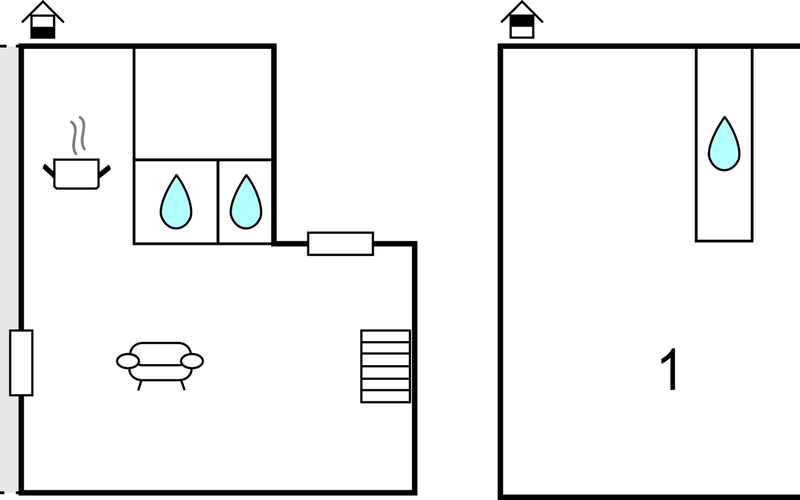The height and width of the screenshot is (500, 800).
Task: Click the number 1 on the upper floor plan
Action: tap(670, 370)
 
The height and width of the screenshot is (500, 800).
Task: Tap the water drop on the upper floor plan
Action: tap(724, 144)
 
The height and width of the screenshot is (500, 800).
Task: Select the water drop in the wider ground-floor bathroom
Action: tap(176, 202)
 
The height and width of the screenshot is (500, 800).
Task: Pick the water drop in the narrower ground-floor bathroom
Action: tap(246, 202)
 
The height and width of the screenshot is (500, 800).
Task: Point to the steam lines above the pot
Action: tap(78, 135)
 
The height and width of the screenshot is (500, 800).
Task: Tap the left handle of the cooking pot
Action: tap(49, 170)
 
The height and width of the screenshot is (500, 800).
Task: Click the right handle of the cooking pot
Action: tap(105, 171)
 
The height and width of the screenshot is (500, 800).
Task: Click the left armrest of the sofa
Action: tap(127, 361)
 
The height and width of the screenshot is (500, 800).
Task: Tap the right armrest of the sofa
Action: tap(192, 361)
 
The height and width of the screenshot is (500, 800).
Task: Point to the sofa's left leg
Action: tap(140, 385)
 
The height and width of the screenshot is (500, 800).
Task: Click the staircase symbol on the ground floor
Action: tap(385, 367)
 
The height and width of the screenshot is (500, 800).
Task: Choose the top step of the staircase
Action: tap(385, 336)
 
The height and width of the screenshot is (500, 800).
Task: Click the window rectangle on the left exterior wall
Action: tap(21, 363)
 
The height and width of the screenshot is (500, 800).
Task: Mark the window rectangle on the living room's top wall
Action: tap(340, 244)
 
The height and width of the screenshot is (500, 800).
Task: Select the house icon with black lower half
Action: tap(43, 20)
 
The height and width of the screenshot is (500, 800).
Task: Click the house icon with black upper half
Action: tap(522, 20)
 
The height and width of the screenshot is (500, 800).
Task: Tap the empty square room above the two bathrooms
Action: tap(203, 104)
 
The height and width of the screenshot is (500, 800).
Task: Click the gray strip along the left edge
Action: tap(8, 269)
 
